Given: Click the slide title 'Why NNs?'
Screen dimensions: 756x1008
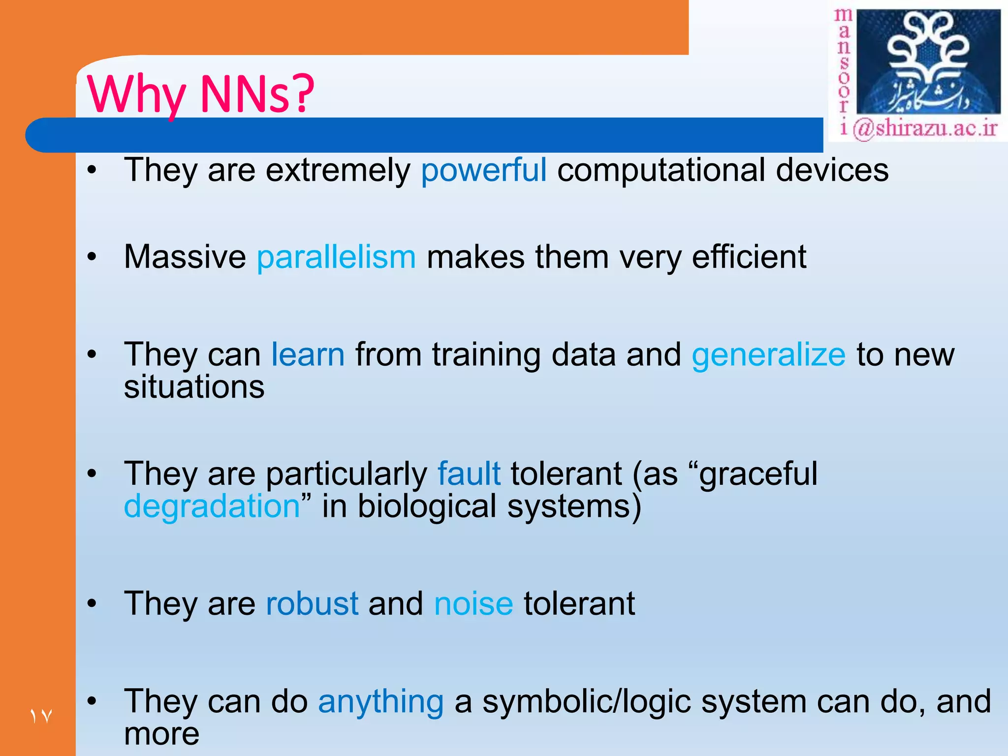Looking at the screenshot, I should (x=200, y=94).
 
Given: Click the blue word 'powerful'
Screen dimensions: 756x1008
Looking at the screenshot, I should (x=483, y=170).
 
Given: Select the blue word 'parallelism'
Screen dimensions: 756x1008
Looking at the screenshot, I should (x=336, y=257).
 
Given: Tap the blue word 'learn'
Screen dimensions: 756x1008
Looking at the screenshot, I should (x=308, y=354).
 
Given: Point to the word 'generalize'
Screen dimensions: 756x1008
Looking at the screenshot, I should (x=768, y=354).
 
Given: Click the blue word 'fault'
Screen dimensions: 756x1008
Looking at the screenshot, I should (x=469, y=473).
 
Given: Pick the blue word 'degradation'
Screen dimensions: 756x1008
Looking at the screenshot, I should (x=212, y=507).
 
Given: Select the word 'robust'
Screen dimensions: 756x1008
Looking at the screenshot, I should (x=312, y=603).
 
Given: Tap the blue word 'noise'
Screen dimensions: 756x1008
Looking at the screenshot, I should (x=473, y=603).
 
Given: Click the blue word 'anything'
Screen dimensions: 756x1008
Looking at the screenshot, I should (x=381, y=701).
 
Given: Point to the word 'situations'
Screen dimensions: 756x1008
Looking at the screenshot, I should (x=194, y=387).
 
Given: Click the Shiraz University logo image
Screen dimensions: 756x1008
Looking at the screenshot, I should (x=928, y=62).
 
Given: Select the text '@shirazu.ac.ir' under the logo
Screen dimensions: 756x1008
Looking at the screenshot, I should (x=925, y=128).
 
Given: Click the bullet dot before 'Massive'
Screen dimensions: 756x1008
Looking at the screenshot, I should (x=92, y=257).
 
